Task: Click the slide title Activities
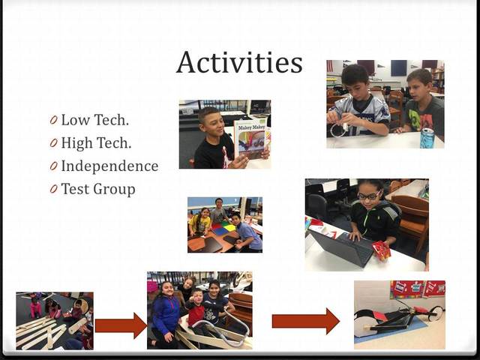pyautogui.click(x=239, y=62)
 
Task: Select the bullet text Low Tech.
pyautogui.click(x=95, y=120)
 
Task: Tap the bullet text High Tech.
pyautogui.click(x=96, y=143)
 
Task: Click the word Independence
pyautogui.click(x=109, y=166)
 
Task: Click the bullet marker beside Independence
pyautogui.click(x=54, y=166)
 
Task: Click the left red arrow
pyautogui.click(x=121, y=325)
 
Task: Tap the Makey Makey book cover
pyautogui.click(x=250, y=138)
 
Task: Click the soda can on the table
pyautogui.click(x=427, y=137)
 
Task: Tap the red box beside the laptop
pyautogui.click(x=382, y=250)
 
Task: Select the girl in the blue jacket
pyautogui.click(x=166, y=312)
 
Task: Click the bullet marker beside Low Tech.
pyautogui.click(x=54, y=120)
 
